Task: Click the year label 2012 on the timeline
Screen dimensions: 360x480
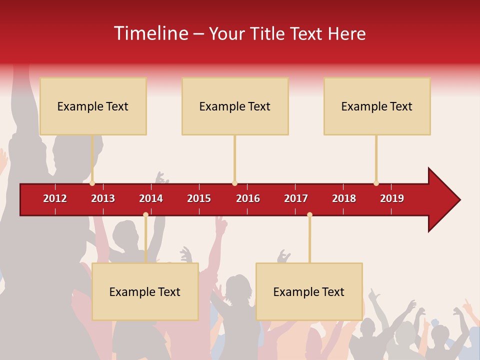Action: click(55, 198)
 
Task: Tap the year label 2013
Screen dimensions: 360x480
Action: click(103, 198)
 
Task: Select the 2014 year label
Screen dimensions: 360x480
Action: click(151, 198)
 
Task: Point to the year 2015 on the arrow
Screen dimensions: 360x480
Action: click(199, 198)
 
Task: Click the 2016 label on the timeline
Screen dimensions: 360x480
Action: click(248, 198)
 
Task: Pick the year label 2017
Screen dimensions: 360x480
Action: click(296, 198)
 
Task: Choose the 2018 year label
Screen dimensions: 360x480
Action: click(344, 198)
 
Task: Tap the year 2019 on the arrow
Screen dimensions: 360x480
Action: click(392, 198)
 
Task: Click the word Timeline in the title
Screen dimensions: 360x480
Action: click(150, 33)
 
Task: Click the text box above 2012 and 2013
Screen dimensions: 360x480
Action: click(93, 106)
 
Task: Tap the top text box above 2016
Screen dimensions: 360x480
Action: click(235, 106)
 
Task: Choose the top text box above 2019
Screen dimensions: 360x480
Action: click(377, 106)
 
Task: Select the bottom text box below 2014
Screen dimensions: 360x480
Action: click(145, 291)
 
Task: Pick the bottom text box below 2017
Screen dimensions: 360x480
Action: click(309, 291)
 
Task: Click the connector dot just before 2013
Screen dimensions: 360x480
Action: click(92, 183)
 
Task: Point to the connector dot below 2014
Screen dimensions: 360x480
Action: click(145, 215)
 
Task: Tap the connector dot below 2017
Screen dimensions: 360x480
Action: click(309, 215)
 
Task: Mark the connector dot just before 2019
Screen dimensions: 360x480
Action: click(376, 183)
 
